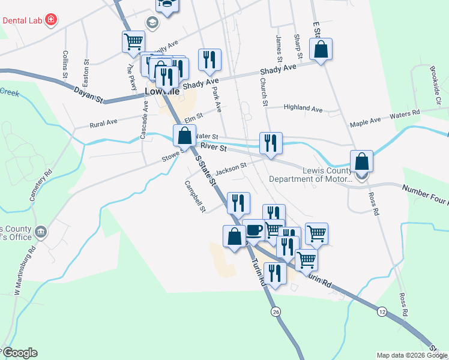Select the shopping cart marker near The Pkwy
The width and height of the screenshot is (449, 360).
(133, 43)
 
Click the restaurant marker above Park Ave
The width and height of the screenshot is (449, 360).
(209, 60)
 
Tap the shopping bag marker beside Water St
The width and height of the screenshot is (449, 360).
(184, 136)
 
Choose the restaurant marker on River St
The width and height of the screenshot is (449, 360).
(270, 143)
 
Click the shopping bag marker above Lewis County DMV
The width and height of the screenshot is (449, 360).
(361, 161)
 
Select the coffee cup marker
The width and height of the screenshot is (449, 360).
(254, 230)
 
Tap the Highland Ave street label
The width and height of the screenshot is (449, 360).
(303, 109)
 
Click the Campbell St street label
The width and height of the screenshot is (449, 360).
(195, 197)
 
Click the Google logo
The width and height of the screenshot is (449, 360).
(19, 353)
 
